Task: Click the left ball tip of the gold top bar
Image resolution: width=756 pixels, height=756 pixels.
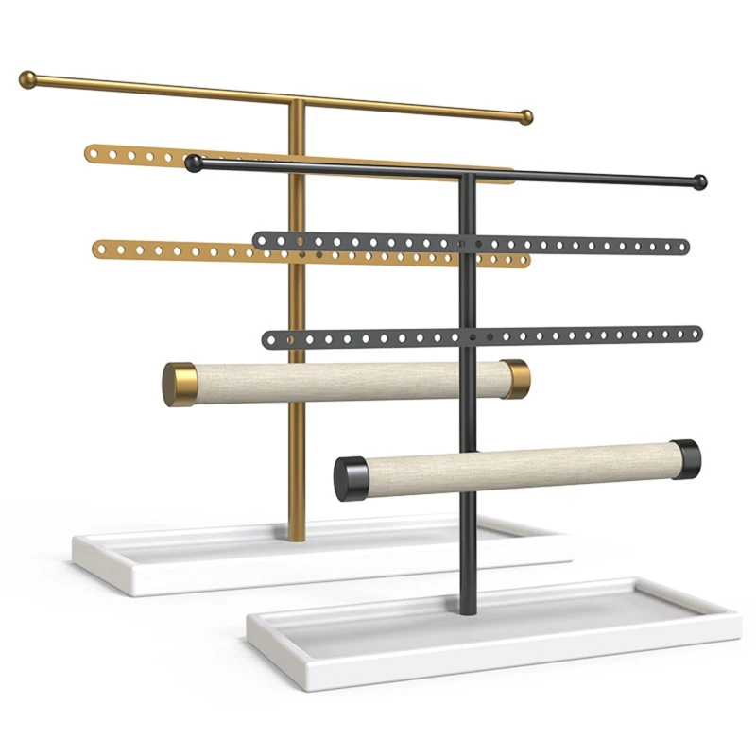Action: tap(28, 78)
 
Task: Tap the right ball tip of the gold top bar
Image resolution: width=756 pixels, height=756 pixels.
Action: tap(525, 117)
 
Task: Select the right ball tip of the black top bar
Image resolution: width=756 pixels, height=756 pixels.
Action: tap(699, 181)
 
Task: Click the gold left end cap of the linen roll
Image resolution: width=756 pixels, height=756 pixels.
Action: tap(178, 384)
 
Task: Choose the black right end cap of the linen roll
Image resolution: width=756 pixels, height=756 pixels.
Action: tap(686, 458)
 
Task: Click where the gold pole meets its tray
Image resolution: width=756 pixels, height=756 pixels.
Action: tap(297, 537)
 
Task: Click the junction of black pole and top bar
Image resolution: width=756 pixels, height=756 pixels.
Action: tap(466, 174)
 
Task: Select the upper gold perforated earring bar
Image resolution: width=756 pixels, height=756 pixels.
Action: tap(132, 153)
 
